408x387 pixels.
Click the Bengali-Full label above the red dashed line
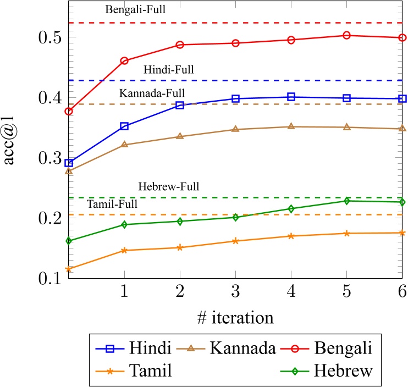pyautogui.click(x=135, y=10)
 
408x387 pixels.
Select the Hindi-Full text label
pyautogui.click(x=169, y=70)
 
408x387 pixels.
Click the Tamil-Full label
pyautogui.click(x=112, y=204)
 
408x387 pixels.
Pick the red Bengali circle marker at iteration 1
pyautogui.click(x=124, y=61)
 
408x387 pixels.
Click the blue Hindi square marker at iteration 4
pyautogui.click(x=291, y=97)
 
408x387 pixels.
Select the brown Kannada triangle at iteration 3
pyautogui.click(x=235, y=129)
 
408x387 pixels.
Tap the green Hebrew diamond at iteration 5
pyautogui.click(x=346, y=201)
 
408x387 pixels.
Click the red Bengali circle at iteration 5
pyautogui.click(x=346, y=35)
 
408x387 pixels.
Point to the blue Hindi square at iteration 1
pyautogui.click(x=124, y=126)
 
